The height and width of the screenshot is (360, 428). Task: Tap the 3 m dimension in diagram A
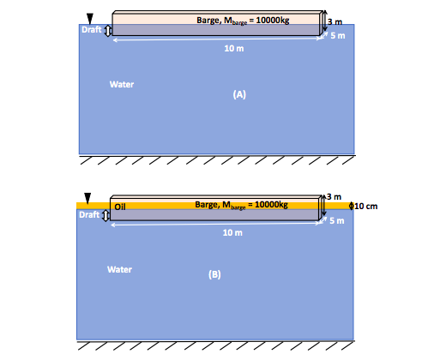336,21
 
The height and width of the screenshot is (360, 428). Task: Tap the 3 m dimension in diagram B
335,187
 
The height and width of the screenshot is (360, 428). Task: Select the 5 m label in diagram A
338,36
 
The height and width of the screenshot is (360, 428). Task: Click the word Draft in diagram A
91,30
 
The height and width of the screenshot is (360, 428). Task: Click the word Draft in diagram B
89,215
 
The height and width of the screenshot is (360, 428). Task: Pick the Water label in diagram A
122,84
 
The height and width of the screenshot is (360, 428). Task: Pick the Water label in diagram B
119,269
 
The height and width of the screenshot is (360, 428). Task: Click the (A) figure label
240,95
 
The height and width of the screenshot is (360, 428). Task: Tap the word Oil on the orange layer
120,206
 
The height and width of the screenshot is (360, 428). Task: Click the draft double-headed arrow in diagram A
108,31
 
